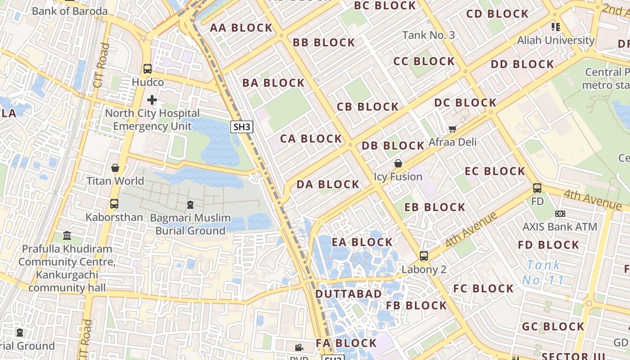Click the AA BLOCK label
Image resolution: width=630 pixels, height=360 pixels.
click(241, 28)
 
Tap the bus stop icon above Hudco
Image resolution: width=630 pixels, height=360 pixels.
click(148, 69)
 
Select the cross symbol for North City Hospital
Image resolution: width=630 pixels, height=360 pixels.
click(152, 99)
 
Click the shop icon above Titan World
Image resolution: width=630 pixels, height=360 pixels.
click(115, 168)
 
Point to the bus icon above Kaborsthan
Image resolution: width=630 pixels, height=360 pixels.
click(114, 203)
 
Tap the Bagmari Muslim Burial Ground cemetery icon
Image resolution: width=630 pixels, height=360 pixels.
click(190, 205)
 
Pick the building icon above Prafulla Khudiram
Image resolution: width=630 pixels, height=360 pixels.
click(67, 235)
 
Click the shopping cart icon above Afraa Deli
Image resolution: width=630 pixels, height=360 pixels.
click(452, 129)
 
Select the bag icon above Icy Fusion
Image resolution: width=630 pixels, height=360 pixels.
click(398, 163)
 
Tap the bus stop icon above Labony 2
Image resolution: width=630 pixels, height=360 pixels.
click(423, 256)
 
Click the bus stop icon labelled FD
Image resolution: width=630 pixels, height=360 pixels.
click(537, 188)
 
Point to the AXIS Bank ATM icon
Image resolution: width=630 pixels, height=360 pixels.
click(560, 213)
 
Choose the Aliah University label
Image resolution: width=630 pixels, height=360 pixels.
click(556, 40)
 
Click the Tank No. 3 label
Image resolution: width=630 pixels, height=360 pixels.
click(428, 35)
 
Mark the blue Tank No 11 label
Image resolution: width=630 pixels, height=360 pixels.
click(543, 273)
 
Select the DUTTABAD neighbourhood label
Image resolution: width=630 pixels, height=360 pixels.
click(348, 294)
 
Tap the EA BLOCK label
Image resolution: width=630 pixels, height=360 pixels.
click(362, 242)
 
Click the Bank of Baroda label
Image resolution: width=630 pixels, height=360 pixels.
click(70, 11)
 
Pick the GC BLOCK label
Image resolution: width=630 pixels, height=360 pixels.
click(553, 327)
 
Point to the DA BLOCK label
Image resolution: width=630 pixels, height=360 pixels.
click(328, 184)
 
